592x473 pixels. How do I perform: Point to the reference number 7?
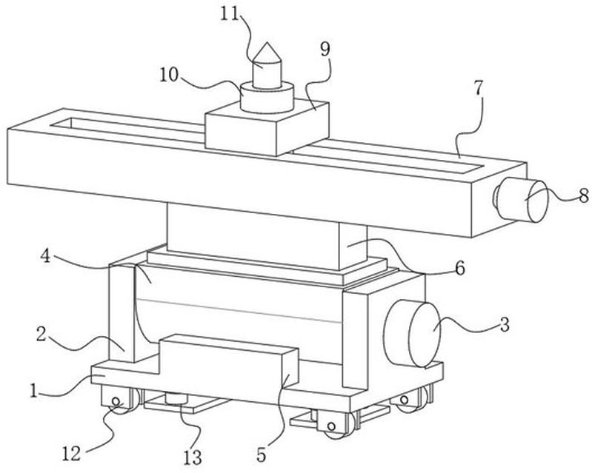tap(478, 87)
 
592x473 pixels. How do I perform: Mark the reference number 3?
tap(503, 323)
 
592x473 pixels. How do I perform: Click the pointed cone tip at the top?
tap(266, 53)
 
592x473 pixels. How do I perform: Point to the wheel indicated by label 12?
tap(116, 405)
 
